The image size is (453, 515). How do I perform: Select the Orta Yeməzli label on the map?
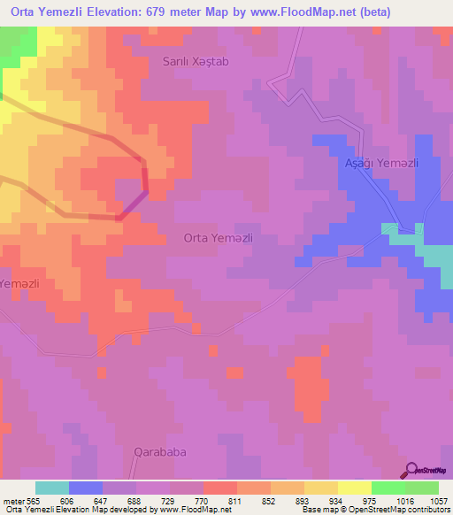(x=219, y=237)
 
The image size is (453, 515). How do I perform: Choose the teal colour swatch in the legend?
(x=52, y=488)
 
